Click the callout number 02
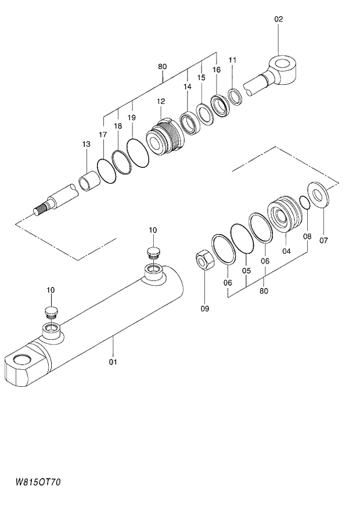tap(278, 19)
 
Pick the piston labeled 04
tap(285, 214)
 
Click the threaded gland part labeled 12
tap(164, 140)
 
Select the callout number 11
tap(233, 60)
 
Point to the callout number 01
tap(113, 362)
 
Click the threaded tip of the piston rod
tap(40, 209)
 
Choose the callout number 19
tap(132, 117)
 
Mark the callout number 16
tap(216, 70)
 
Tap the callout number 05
tap(246, 271)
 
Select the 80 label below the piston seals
tap(265, 291)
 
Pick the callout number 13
tap(86, 144)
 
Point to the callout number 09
tap(205, 309)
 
